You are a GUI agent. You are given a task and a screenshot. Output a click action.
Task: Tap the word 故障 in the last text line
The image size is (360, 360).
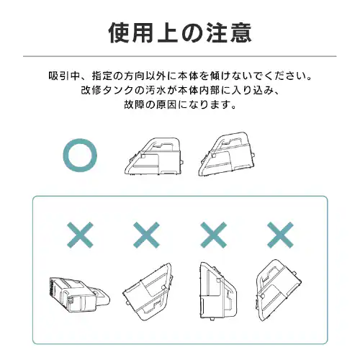tap(132, 104)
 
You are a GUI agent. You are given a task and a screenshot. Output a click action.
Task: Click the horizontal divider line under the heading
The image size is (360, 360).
tap(180, 55)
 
